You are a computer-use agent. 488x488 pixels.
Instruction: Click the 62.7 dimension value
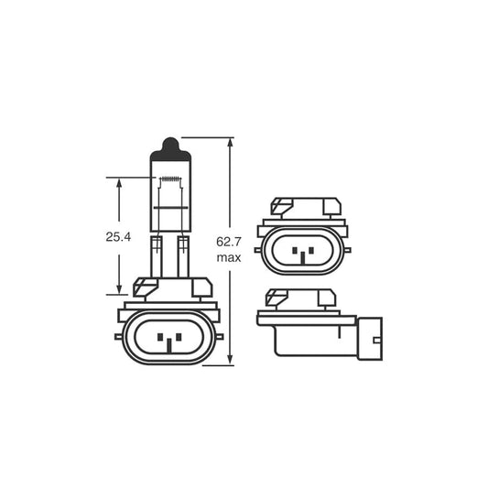pyautogui.click(x=229, y=243)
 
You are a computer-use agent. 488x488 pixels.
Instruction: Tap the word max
pyautogui.click(x=229, y=258)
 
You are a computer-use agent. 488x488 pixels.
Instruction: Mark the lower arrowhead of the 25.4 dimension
pyautogui.click(x=120, y=287)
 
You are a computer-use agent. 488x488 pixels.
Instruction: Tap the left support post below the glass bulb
pyautogui.click(x=157, y=255)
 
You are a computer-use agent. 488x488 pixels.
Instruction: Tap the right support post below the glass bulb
pyautogui.click(x=183, y=255)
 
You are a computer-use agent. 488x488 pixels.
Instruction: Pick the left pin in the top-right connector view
pyautogui.click(x=292, y=252)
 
